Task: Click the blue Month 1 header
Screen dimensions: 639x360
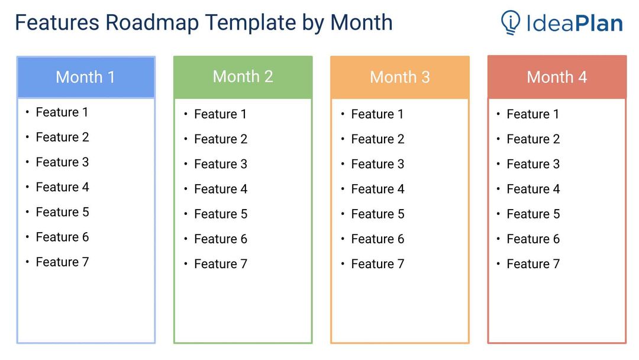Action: [86, 77]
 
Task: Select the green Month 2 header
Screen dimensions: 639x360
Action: [243, 77]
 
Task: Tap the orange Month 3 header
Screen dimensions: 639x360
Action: [400, 77]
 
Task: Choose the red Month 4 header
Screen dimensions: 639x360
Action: [557, 77]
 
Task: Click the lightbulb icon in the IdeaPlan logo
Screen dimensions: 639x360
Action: [511, 22]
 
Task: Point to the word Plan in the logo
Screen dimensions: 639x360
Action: [599, 23]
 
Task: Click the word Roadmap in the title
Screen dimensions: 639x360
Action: [153, 23]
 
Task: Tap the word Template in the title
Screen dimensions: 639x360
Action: [250, 23]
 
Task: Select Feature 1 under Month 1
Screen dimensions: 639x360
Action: [62, 112]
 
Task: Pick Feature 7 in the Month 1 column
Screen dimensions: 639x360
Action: [62, 262]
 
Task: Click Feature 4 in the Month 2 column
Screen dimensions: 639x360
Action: [221, 189]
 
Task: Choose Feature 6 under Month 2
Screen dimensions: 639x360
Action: [221, 239]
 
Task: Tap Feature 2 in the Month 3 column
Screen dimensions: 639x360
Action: [377, 139]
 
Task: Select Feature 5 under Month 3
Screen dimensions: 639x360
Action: [377, 214]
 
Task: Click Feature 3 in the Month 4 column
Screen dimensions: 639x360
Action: [533, 164]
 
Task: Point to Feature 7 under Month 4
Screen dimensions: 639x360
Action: [533, 263]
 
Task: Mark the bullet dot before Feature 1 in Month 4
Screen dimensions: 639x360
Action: [498, 114]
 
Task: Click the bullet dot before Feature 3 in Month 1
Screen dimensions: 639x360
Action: [27, 162]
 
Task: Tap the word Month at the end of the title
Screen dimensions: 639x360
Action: [362, 22]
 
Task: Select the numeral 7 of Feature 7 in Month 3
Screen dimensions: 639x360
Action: [401, 263]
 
